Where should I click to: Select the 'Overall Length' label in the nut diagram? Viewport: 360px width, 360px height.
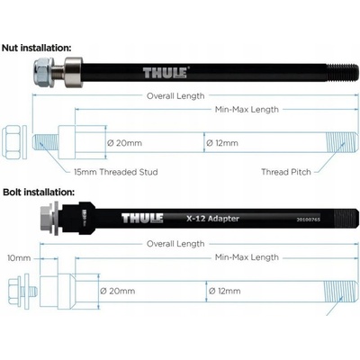point(175,95)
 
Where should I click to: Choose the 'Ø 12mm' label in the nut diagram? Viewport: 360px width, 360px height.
point(222,142)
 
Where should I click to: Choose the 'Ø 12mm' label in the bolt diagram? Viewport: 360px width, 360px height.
point(222,291)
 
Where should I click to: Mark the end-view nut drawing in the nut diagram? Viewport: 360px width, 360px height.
point(13,142)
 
